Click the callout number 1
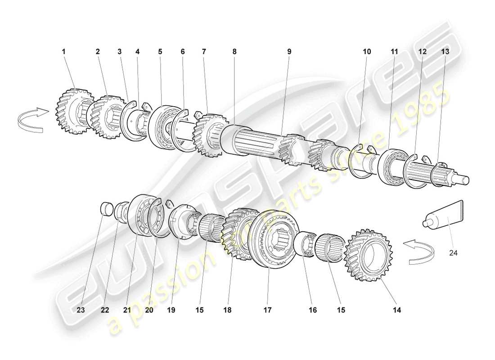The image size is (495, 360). click(63, 52)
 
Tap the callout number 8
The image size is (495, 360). click(234, 52)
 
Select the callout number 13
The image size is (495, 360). click(445, 52)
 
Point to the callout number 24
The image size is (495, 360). click(453, 253)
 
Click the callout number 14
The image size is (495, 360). click(396, 310)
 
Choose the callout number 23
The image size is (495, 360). click(80, 310)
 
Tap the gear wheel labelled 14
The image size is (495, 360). click(368, 254)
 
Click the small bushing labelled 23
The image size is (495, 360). click(106, 209)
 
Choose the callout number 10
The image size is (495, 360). click(367, 52)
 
